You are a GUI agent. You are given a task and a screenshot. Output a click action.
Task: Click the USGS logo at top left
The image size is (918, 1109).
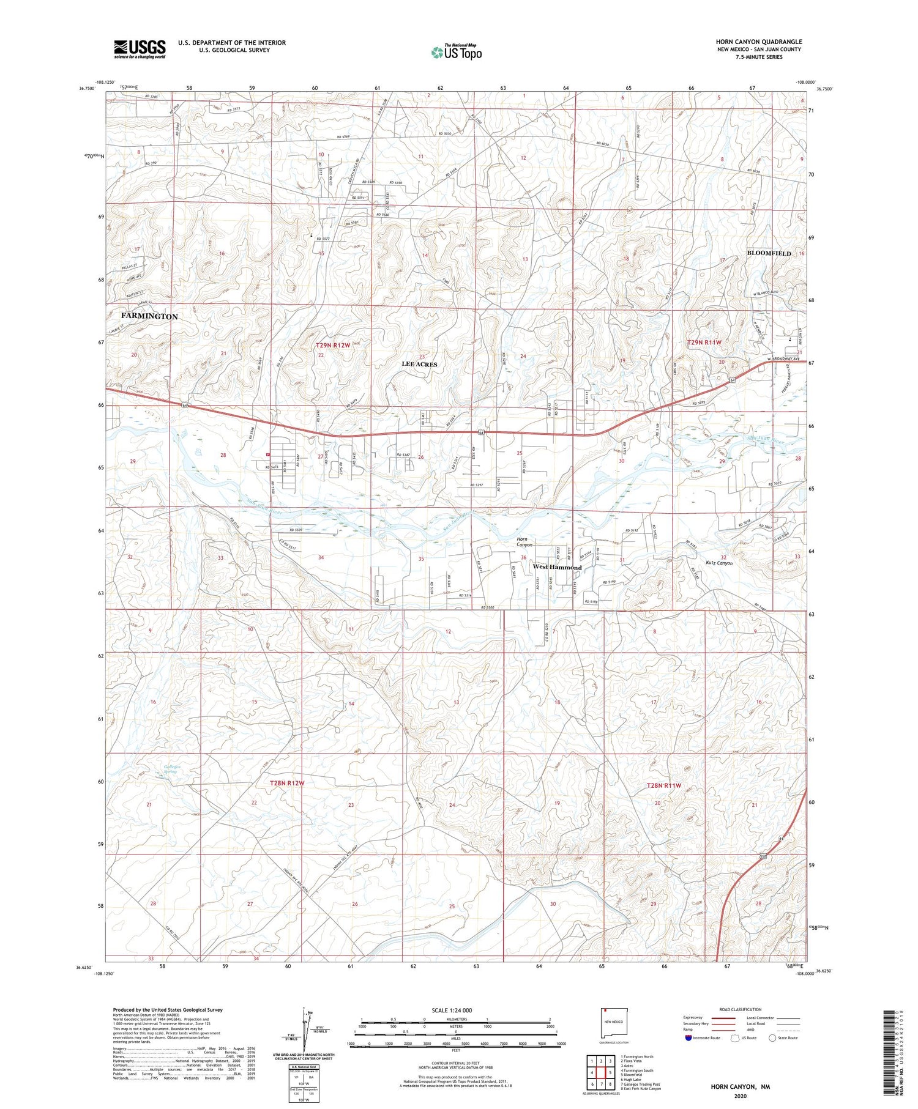click(140, 49)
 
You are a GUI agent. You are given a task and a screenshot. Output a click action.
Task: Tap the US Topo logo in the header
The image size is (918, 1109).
click(456, 52)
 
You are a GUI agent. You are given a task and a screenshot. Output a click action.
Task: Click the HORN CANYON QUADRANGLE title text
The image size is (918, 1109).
click(758, 42)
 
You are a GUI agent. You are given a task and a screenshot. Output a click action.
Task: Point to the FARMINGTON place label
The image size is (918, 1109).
click(149, 316)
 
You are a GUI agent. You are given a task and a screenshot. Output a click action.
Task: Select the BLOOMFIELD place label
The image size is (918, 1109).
click(769, 253)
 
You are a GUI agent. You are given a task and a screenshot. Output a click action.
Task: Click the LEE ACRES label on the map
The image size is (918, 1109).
click(419, 364)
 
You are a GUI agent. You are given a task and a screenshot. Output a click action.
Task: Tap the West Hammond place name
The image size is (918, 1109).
click(557, 567)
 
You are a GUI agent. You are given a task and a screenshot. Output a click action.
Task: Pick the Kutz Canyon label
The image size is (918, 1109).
click(718, 563)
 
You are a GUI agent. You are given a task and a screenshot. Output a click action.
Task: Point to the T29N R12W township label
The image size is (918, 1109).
click(333, 346)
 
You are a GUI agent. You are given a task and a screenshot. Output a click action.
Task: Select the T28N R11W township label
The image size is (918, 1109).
click(663, 785)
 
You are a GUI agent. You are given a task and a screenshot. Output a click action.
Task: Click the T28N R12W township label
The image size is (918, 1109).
click(287, 783)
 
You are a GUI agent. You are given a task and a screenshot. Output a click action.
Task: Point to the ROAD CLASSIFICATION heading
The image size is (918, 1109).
click(740, 1009)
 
